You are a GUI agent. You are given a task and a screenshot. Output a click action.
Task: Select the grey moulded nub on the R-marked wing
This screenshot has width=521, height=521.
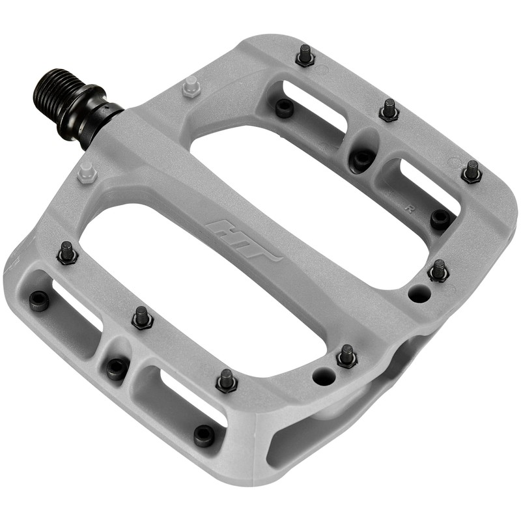point(190,86)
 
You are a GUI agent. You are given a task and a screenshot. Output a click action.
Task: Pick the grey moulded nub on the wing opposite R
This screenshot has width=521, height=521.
point(87,173)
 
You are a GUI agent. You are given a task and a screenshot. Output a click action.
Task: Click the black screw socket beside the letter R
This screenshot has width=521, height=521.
point(440,219)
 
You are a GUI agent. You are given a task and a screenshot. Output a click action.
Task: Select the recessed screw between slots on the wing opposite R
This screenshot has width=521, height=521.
point(117,369)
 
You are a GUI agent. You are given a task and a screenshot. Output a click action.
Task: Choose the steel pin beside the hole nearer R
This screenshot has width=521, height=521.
point(438,270)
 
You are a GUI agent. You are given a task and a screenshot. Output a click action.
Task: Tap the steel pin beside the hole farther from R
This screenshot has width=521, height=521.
point(346,355)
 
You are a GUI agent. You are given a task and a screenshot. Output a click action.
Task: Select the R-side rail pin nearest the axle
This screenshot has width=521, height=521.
point(305,55)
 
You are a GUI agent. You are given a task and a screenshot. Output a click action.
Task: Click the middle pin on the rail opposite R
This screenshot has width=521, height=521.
point(142,317)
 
